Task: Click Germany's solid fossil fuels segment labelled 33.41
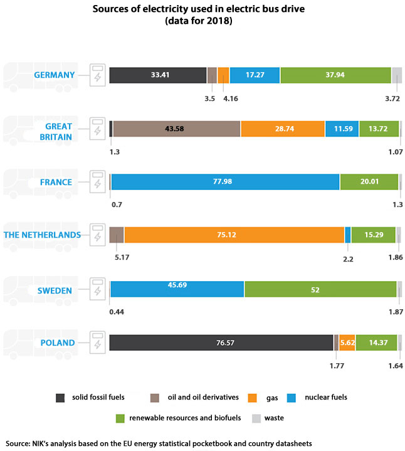[x=158, y=75]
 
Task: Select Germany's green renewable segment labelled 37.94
[x=335, y=75]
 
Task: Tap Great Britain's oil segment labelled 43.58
[x=176, y=129]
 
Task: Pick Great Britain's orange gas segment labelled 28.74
[x=282, y=129]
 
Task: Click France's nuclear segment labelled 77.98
[x=225, y=182]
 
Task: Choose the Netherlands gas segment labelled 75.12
[x=234, y=235]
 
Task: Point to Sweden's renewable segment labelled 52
[x=320, y=290]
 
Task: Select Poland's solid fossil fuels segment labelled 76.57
[x=221, y=343]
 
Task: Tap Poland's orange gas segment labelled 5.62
[x=347, y=343]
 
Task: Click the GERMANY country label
[x=55, y=75]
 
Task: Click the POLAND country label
[x=58, y=343]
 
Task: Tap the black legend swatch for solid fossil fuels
[x=60, y=397]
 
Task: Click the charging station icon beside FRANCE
[x=97, y=182]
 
